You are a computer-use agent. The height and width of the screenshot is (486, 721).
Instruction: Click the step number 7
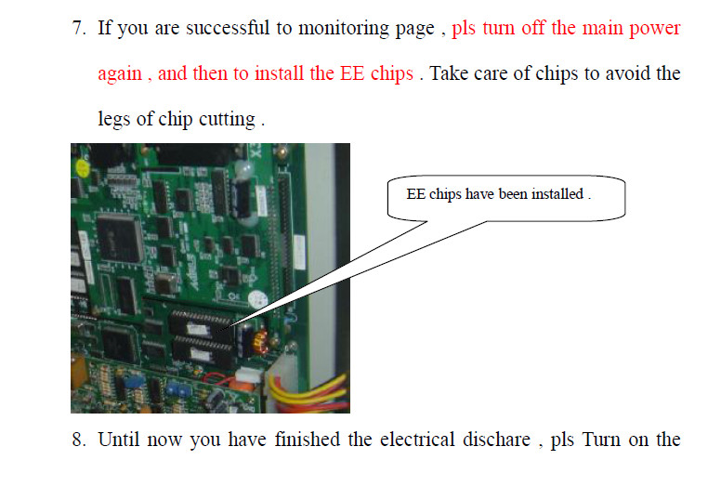(78, 28)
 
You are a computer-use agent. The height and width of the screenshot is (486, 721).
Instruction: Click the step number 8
(78, 440)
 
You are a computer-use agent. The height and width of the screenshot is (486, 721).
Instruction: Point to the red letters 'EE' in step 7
(352, 73)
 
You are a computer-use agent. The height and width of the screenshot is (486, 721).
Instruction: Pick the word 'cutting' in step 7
(227, 120)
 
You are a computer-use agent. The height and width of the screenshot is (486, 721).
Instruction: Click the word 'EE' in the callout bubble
(415, 194)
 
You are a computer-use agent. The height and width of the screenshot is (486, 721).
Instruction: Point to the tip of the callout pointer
(217, 331)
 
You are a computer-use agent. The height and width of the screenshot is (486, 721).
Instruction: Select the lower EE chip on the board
(203, 351)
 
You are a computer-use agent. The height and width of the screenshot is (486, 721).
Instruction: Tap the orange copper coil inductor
(261, 342)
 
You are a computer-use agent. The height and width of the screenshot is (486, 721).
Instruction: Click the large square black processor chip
(120, 239)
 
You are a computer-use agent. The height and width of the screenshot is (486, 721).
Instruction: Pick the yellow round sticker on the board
(83, 168)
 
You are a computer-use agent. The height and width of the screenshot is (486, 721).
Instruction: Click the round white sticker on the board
(257, 300)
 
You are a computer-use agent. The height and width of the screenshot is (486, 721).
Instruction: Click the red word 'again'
(120, 74)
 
